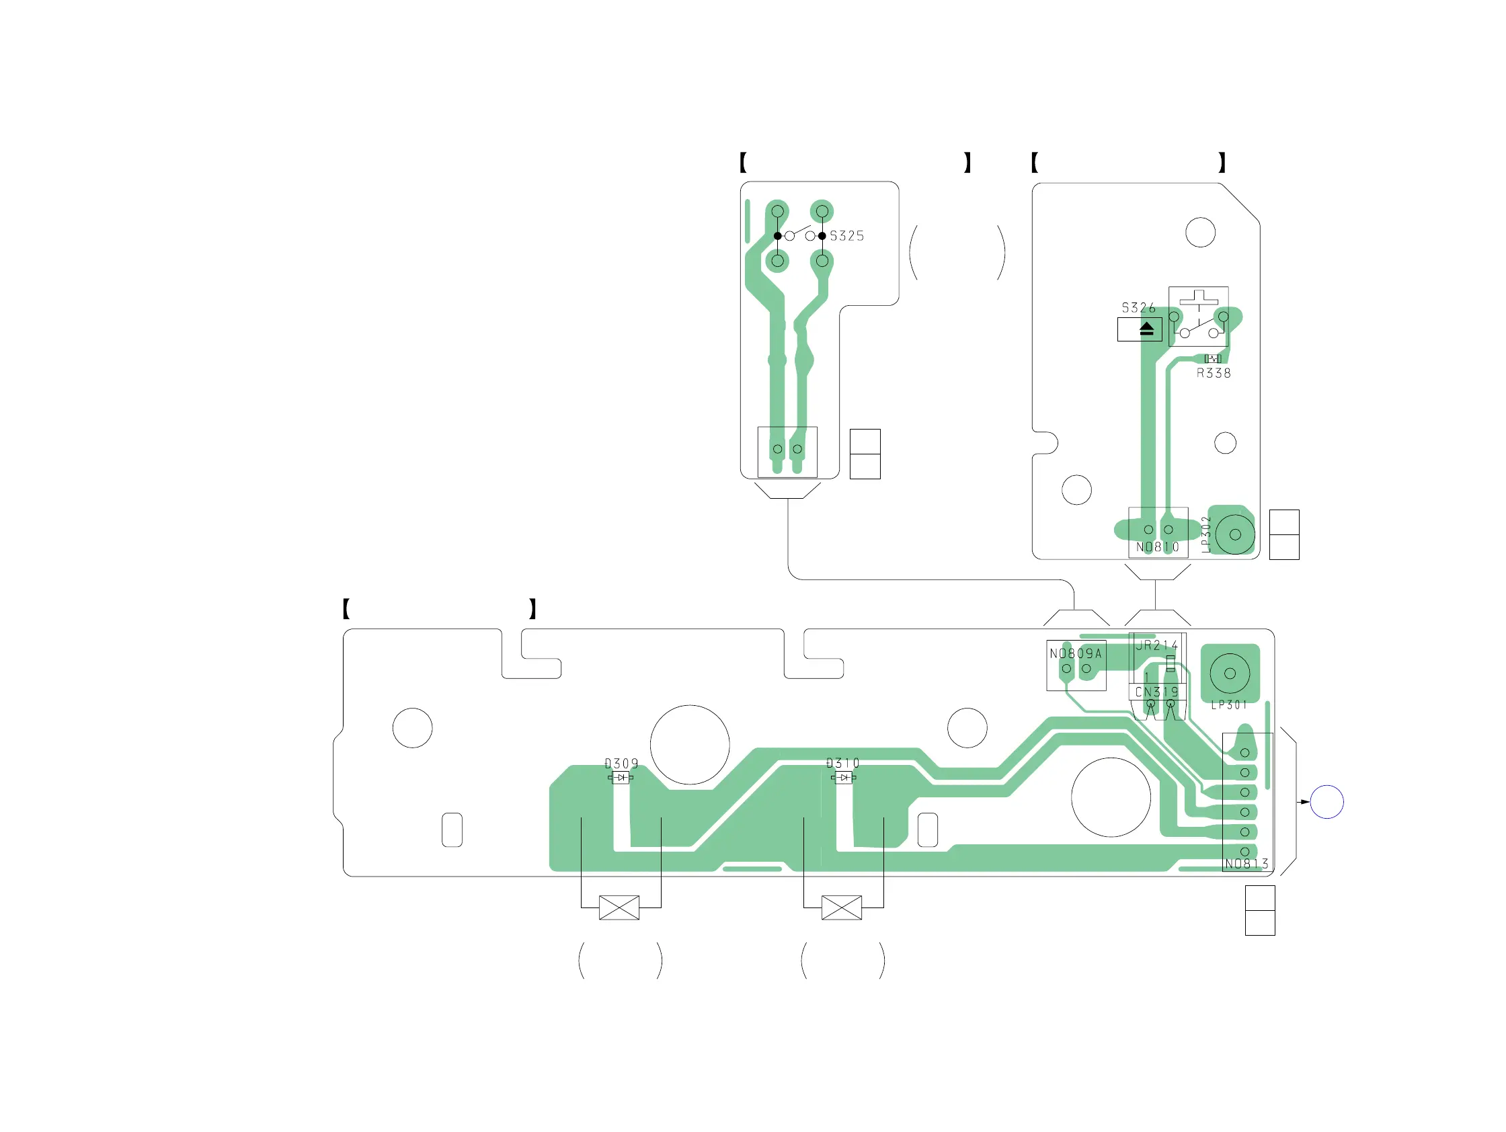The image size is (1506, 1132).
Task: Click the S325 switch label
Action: pyautogui.click(x=846, y=236)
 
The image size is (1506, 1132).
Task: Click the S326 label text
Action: pyautogui.click(x=1138, y=308)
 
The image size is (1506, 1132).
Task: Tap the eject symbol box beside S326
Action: pyautogui.click(x=1140, y=330)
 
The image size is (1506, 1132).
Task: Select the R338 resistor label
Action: pyautogui.click(x=1214, y=374)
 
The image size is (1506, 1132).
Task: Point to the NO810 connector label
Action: pyautogui.click(x=1158, y=547)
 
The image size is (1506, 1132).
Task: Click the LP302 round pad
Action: pyautogui.click(x=1235, y=534)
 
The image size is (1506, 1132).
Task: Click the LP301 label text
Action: pyautogui.click(x=1229, y=705)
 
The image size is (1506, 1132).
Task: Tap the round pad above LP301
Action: pyautogui.click(x=1230, y=673)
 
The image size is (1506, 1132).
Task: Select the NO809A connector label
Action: pyautogui.click(x=1076, y=654)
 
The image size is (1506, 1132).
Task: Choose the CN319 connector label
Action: pyautogui.click(x=1157, y=692)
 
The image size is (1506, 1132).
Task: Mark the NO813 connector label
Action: pyautogui.click(x=1246, y=864)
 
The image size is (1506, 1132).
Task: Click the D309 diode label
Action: pyautogui.click(x=622, y=764)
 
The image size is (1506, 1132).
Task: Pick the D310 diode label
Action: pyautogui.click(x=843, y=763)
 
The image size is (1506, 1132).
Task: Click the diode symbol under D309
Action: pyautogui.click(x=621, y=777)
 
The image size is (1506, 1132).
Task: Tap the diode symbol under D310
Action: pyautogui.click(x=844, y=777)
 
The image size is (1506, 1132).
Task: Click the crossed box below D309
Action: pyautogui.click(x=619, y=907)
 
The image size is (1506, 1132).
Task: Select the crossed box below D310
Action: pyautogui.click(x=842, y=907)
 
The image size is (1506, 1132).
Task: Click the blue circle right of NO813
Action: pyautogui.click(x=1327, y=802)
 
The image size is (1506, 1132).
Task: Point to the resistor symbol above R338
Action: pyautogui.click(x=1213, y=359)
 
